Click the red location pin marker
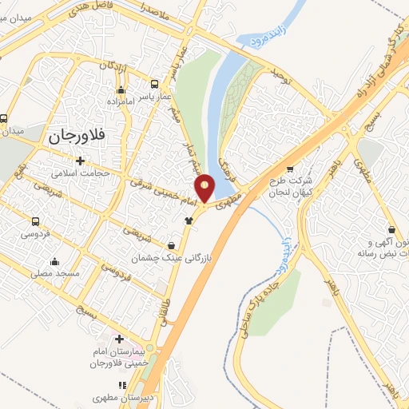(x=206, y=188)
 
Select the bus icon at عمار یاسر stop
(x=154, y=83)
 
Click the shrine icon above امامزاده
(x=121, y=89)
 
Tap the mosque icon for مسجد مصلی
(x=54, y=261)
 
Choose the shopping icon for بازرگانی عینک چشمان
(x=173, y=244)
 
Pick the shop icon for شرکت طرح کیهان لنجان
(x=289, y=169)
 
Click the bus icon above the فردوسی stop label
(x=35, y=221)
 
